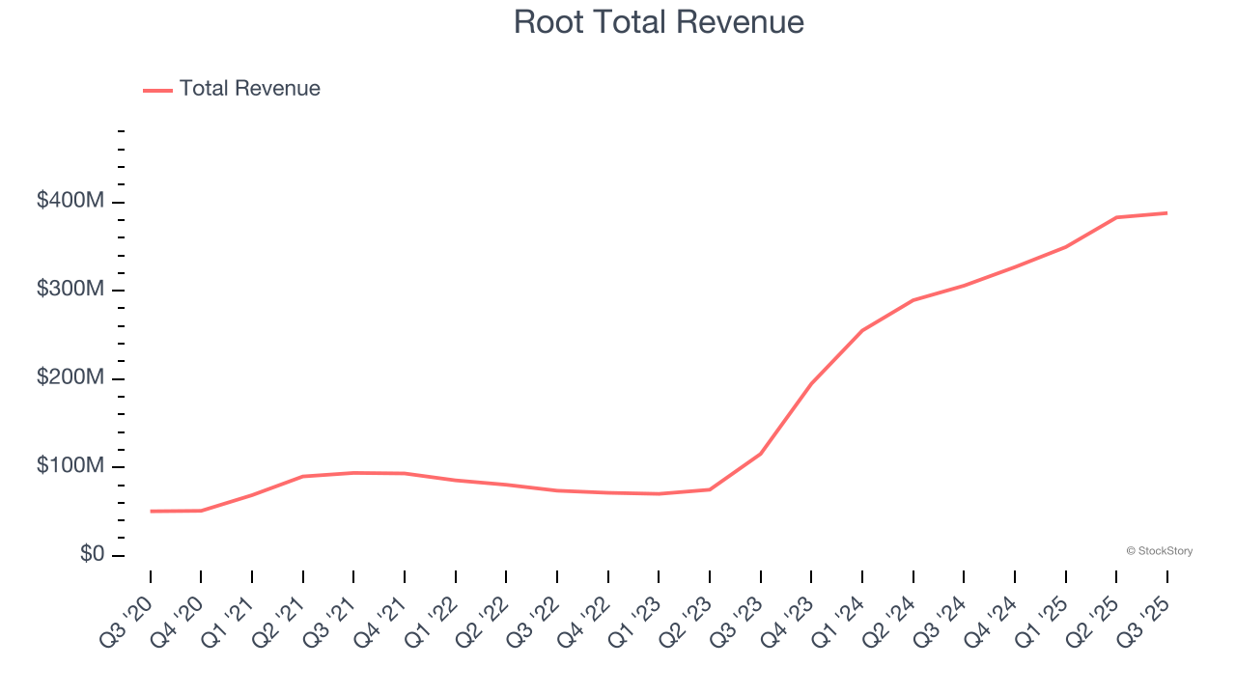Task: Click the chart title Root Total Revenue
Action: point(659,22)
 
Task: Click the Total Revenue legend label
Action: point(249,89)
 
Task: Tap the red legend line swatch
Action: point(157,90)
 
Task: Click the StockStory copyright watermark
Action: point(1159,551)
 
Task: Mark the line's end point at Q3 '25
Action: point(1167,212)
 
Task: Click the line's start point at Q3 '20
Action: point(151,511)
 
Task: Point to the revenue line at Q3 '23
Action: point(761,453)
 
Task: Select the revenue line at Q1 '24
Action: point(862,330)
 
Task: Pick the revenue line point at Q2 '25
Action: point(1116,217)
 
